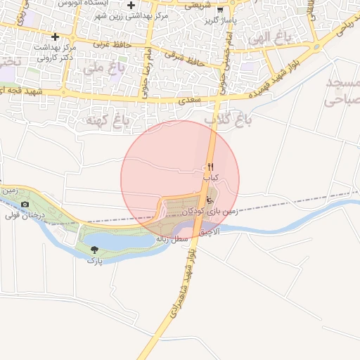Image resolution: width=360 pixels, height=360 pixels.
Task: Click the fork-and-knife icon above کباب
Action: [x=210, y=167]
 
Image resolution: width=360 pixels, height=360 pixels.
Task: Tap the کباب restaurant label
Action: [x=211, y=178]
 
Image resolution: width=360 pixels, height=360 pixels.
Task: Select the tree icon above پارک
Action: [x=94, y=250]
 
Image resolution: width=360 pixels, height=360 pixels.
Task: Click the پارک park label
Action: [x=94, y=260]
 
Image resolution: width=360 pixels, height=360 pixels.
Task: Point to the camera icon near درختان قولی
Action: [x=25, y=205]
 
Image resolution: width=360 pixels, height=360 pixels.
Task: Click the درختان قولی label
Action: [x=25, y=215]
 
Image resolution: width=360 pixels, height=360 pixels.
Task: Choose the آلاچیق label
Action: [x=210, y=231]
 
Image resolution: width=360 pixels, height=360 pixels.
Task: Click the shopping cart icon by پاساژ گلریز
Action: [x=220, y=10]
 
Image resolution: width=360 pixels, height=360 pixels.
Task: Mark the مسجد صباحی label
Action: [x=342, y=92]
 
